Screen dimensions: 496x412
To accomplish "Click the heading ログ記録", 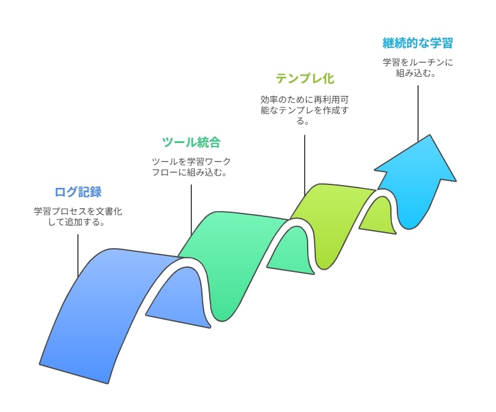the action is click(x=78, y=192).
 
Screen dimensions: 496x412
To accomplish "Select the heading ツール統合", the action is click(x=191, y=142).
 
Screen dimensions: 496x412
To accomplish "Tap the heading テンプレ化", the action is click(x=305, y=79).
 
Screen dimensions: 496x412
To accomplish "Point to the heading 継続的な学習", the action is click(x=417, y=43).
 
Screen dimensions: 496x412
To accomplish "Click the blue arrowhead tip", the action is click(x=430, y=135).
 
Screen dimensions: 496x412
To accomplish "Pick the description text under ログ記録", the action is click(x=78, y=216).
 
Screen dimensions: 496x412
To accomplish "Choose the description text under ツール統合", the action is click(x=191, y=167).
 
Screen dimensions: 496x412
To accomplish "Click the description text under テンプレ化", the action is click(x=304, y=110).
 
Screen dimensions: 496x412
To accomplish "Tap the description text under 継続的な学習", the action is click(x=417, y=67).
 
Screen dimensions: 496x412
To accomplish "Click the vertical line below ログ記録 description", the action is click(x=78, y=256).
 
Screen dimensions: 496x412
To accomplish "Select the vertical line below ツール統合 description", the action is click(x=191, y=210).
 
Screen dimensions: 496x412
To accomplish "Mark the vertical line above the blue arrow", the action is click(x=417, y=113).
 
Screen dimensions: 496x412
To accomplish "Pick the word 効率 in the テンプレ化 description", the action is click(x=269, y=100).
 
